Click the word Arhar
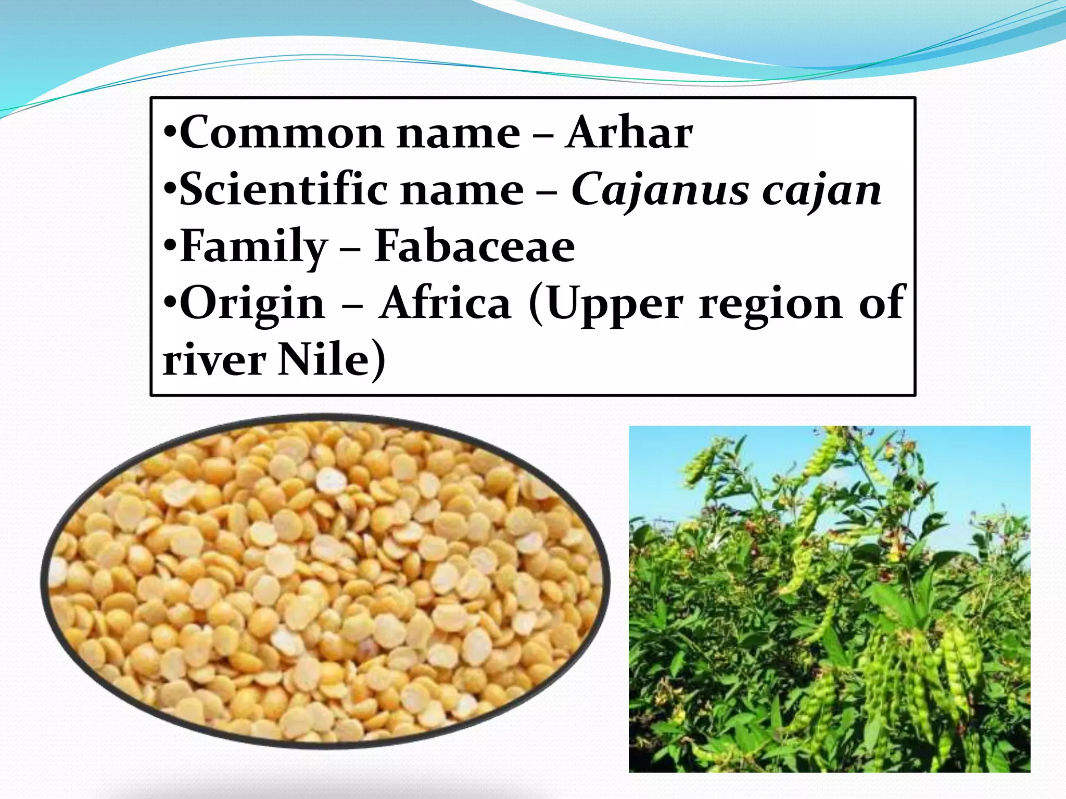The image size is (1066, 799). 629,133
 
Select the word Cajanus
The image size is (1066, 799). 660,190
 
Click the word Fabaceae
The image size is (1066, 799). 474,246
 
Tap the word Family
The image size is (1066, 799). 253,247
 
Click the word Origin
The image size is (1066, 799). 252,304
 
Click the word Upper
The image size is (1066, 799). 615,304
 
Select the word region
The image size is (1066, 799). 770,304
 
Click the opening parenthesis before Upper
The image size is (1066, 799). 536,304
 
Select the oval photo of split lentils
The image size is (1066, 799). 325,581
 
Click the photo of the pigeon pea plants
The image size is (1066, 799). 829,599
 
